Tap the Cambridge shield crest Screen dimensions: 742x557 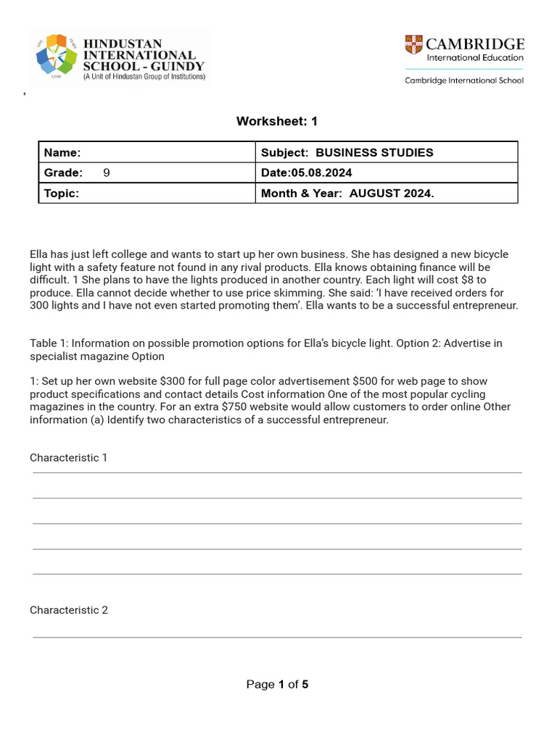coord(413,44)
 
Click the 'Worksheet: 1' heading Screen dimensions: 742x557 coord(277,122)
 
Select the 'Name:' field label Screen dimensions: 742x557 coord(62,153)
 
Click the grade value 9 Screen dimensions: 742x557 coord(107,173)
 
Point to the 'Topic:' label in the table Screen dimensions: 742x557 coord(62,193)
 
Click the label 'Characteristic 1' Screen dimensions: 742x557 coord(68,458)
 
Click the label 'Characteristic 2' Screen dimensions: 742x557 coord(69,610)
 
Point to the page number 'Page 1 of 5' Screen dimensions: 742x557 coord(277,685)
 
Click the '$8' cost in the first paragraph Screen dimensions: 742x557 coord(469,280)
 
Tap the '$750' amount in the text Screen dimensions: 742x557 coord(236,407)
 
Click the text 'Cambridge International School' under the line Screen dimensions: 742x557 coord(464,80)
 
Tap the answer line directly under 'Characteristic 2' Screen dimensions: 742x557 coord(277,638)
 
